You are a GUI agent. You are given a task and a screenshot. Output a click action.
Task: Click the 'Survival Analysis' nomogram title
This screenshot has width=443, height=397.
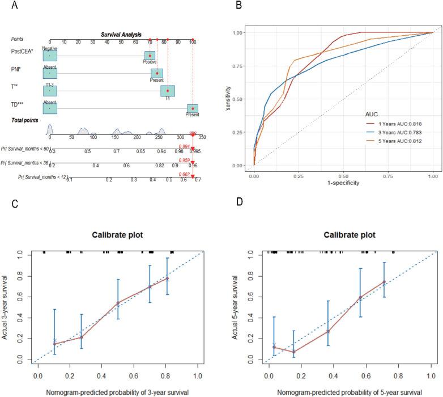[121, 35]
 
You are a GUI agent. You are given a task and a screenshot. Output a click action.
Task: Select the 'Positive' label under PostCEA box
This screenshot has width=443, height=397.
[150, 62]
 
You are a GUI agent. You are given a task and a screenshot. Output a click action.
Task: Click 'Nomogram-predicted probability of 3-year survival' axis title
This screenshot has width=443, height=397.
[118, 392]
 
